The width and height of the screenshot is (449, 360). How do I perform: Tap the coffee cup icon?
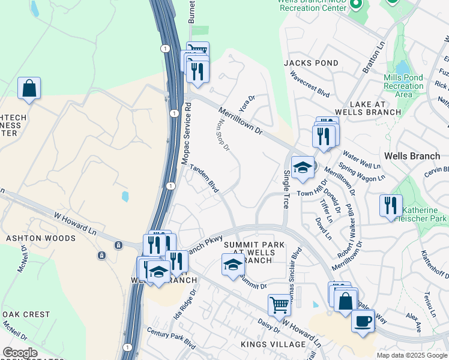click(x=363, y=322)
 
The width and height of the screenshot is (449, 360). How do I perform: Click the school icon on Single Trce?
click(x=303, y=168)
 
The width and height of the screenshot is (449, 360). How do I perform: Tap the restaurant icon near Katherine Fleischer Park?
click(x=391, y=205)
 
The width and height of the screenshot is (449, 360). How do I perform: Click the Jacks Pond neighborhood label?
click(x=303, y=63)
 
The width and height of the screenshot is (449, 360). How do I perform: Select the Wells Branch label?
click(x=412, y=156)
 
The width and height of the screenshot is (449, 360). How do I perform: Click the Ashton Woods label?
click(x=41, y=238)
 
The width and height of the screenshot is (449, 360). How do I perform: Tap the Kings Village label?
click(x=273, y=344)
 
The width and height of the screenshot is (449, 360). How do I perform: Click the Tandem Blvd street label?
click(x=204, y=178)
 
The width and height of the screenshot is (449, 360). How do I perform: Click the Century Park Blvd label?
click(x=171, y=339)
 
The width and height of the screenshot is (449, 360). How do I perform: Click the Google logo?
click(x=19, y=353)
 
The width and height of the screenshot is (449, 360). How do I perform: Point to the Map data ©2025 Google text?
click(x=411, y=355)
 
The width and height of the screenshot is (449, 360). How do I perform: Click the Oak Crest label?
click(x=27, y=314)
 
